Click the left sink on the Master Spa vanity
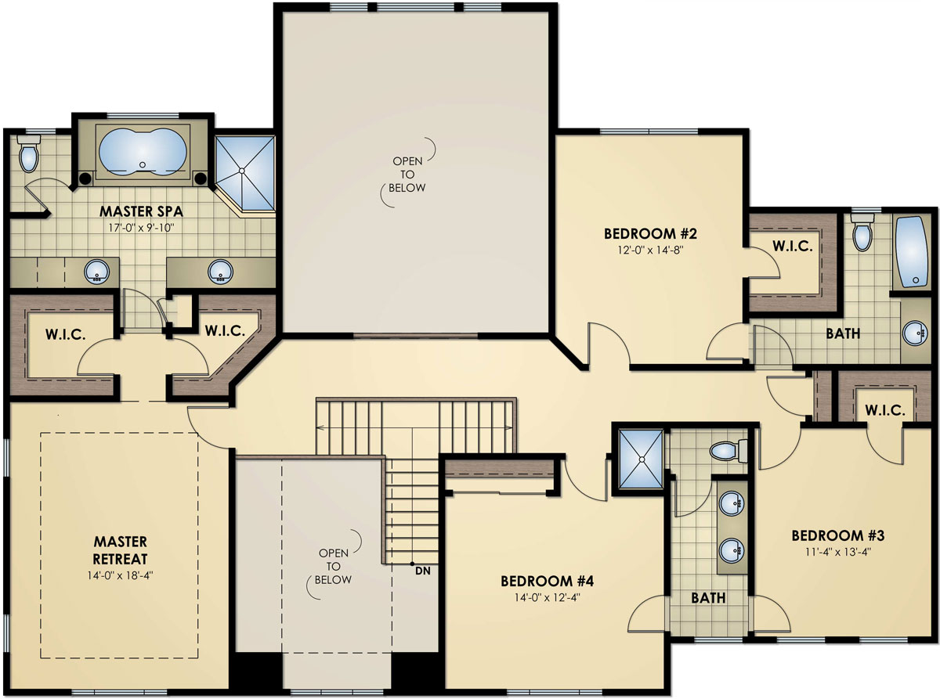click(x=97, y=272)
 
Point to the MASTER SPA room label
click(x=136, y=211)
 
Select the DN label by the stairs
click(x=423, y=570)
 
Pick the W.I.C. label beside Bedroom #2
click(x=792, y=246)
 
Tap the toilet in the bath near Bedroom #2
click(x=862, y=233)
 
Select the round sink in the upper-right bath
click(x=914, y=333)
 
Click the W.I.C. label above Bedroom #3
click(x=885, y=410)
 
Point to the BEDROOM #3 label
click(x=837, y=536)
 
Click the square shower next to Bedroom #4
click(x=640, y=459)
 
